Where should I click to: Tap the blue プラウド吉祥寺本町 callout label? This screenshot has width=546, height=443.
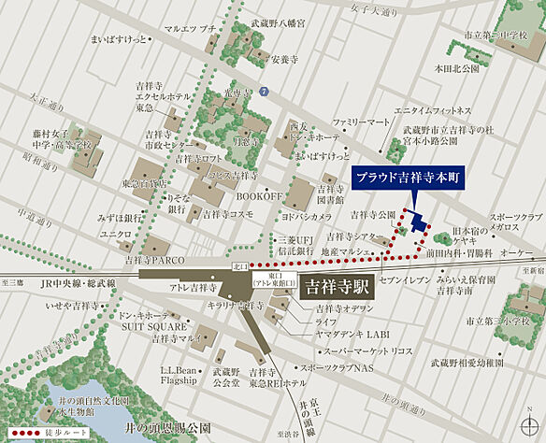[x=413, y=179]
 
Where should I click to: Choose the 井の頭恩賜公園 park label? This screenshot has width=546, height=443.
[x=168, y=427]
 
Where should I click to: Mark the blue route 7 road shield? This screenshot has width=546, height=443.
[x=265, y=92]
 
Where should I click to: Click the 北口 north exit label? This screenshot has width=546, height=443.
[x=240, y=266]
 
